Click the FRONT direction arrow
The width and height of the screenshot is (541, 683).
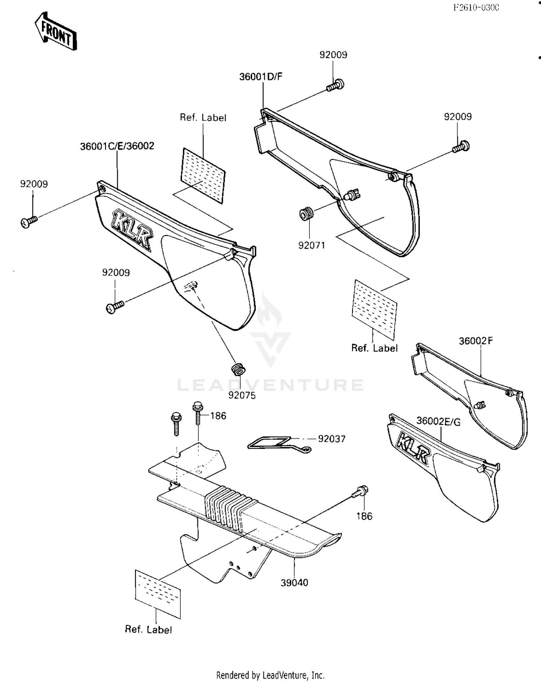coord(56,32)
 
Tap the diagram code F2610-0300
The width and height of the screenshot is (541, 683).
coord(476,8)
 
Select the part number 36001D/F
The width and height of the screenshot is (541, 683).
coord(261,76)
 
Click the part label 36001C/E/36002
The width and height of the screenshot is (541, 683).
coord(117,146)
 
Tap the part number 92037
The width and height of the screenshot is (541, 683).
coord(331,439)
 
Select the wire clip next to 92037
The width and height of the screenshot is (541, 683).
coord(274,443)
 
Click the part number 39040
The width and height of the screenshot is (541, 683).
coord(294,582)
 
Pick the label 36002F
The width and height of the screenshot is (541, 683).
coord(475,341)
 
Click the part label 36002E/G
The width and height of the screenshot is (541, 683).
coord(438,421)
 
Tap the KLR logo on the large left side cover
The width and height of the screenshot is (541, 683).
coord(132,230)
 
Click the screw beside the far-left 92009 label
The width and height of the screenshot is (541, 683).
coord(28,221)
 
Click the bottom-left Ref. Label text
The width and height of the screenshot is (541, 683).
coord(148,630)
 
